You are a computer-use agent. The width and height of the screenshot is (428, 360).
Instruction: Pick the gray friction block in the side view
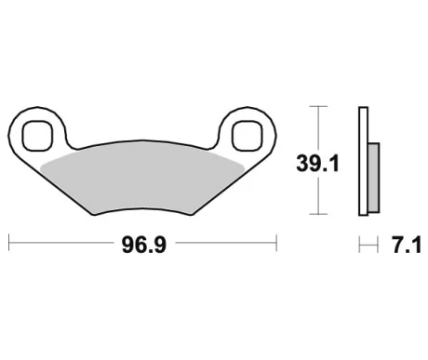pyautogui.click(x=373, y=177)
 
